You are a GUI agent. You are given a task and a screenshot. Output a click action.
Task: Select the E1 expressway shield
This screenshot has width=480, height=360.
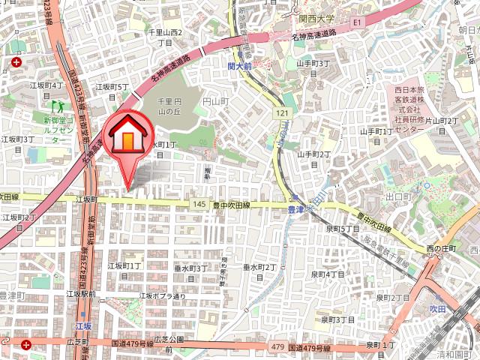[x=358, y=23]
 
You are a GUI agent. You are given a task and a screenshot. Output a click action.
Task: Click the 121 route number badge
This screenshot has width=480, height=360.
[x=281, y=112]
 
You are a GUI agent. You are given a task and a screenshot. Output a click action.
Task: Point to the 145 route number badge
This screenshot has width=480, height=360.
[x=198, y=204]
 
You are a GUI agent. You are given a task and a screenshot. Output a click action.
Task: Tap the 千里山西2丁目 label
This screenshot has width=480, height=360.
[x=165, y=37]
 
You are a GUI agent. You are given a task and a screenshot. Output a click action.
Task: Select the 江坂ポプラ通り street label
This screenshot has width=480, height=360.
[x=162, y=296]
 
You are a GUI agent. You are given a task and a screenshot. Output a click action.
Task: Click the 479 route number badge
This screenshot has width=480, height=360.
[x=278, y=346]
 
